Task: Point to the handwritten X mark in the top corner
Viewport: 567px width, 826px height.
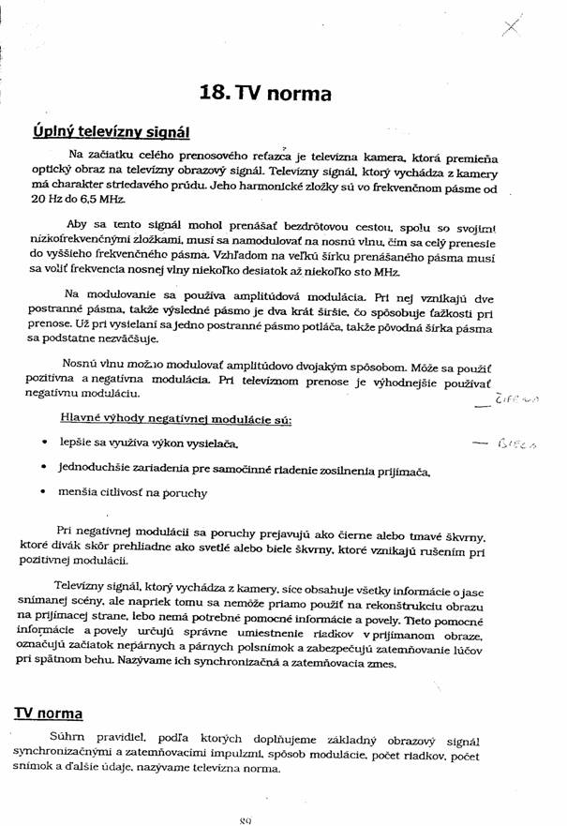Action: [x=511, y=27]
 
